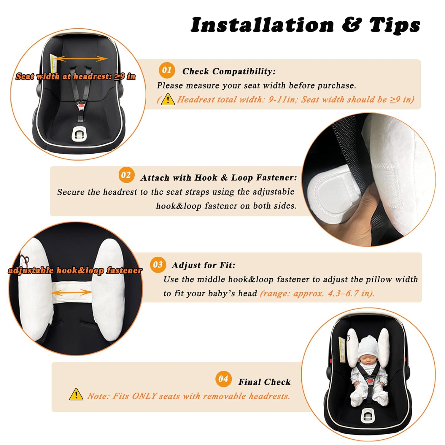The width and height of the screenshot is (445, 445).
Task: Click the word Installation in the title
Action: [x=262, y=25]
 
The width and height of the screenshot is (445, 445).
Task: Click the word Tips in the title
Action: [x=395, y=25]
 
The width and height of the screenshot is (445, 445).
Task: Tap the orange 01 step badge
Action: [x=167, y=70]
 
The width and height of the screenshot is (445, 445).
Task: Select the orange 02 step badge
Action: [x=126, y=175]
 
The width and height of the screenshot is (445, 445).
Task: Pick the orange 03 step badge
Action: [x=158, y=264]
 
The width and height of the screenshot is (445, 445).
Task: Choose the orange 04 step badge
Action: [x=223, y=379]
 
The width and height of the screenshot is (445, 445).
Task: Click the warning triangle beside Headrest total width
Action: [x=168, y=99]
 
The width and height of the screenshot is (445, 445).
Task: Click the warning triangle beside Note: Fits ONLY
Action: [x=76, y=395]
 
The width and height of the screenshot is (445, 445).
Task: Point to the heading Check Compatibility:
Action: [x=229, y=71]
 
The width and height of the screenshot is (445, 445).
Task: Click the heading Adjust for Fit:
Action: [x=204, y=265]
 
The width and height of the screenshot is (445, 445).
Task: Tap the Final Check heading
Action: [x=264, y=382]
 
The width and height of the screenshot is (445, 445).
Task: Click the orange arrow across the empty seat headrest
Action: [x=81, y=59]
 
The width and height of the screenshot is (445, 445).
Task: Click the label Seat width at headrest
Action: [x=75, y=77]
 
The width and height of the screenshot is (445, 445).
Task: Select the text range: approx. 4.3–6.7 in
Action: [x=317, y=293]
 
